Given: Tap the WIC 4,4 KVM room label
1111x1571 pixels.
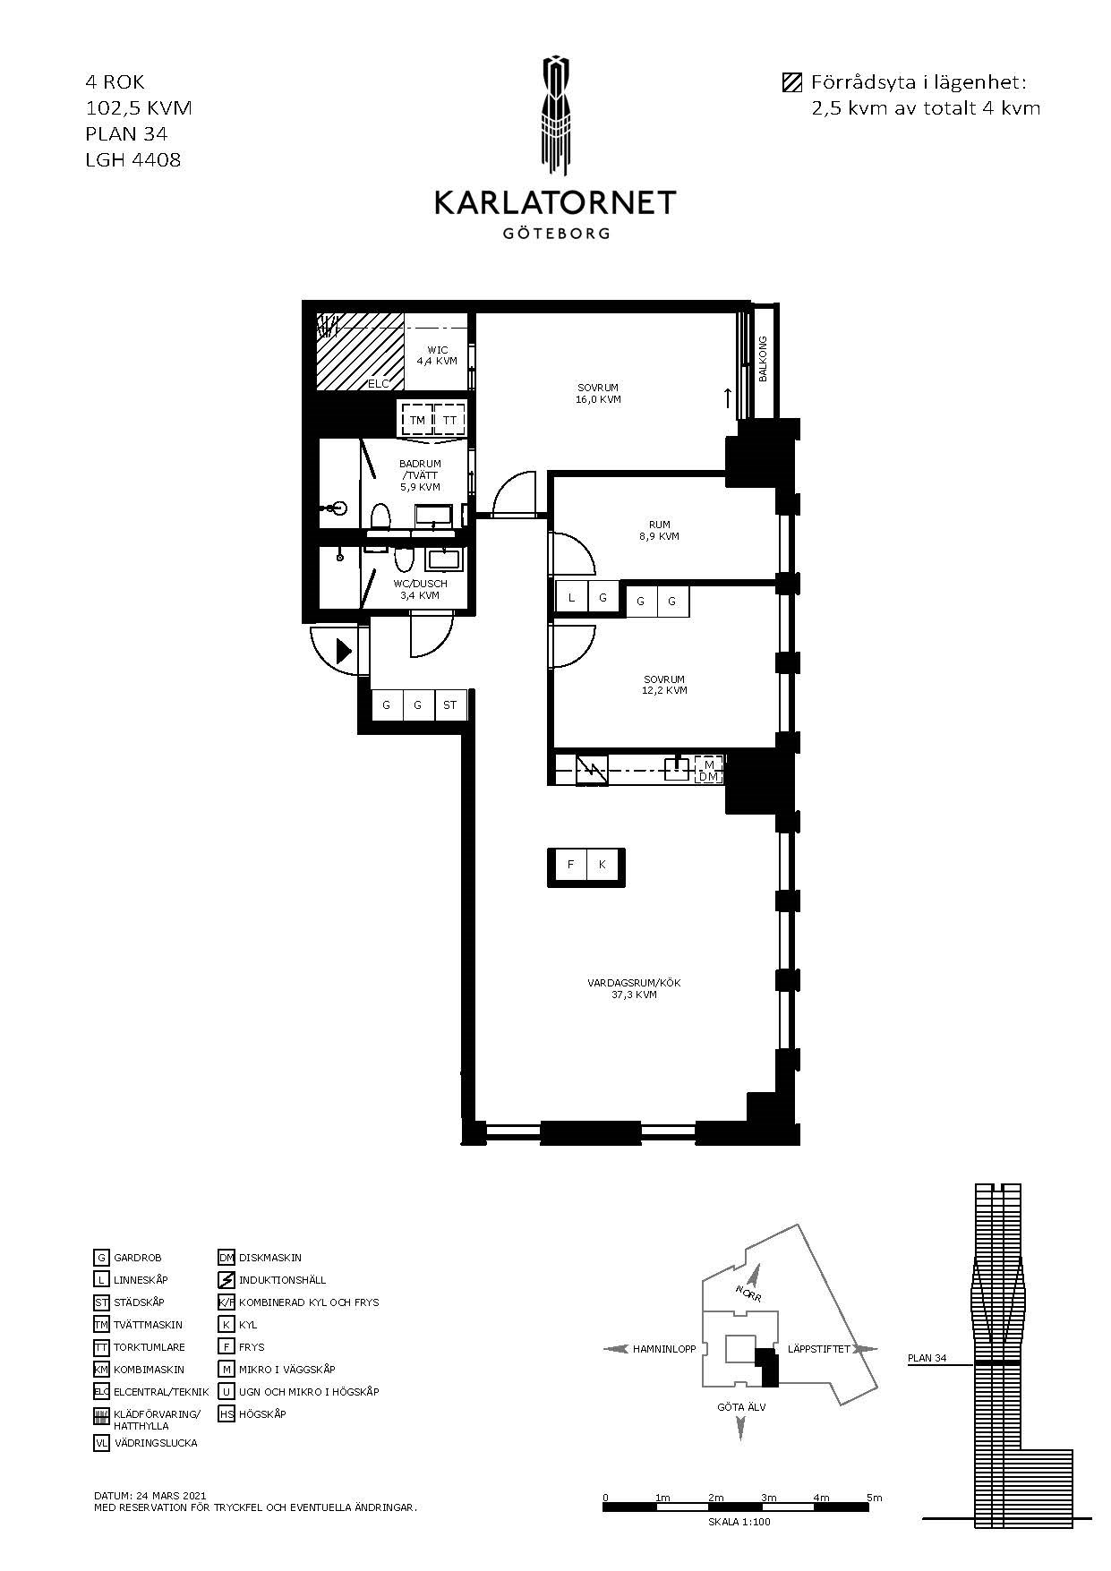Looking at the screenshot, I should pyautogui.click(x=437, y=355).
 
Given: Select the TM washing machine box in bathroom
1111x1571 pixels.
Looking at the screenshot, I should pyautogui.click(x=417, y=420).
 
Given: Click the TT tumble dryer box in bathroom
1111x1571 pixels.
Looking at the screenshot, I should pyautogui.click(x=449, y=420).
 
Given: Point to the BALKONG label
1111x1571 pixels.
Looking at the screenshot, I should pyautogui.click(x=764, y=359).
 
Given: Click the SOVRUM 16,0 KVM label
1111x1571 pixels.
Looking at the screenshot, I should pyautogui.click(x=598, y=394).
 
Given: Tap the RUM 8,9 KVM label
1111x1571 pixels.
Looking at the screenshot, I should pyautogui.click(x=660, y=531).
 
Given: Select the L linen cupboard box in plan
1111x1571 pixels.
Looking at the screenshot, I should pyautogui.click(x=572, y=598).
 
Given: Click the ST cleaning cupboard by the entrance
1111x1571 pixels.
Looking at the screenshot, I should pyautogui.click(x=449, y=705).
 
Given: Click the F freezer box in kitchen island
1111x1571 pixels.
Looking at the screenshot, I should pyautogui.click(x=570, y=865).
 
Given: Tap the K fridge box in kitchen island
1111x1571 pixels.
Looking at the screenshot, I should pyautogui.click(x=603, y=865).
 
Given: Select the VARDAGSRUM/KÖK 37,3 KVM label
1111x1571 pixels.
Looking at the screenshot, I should pyautogui.click(x=634, y=988).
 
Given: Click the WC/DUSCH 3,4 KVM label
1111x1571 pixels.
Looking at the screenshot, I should pyautogui.click(x=420, y=589).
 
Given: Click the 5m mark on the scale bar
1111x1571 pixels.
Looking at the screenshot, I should pyautogui.click(x=875, y=1498).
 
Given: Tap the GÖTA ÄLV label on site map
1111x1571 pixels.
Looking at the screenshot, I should pyautogui.click(x=741, y=1407).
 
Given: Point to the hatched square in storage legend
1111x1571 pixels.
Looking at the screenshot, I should pyautogui.click(x=791, y=83).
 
